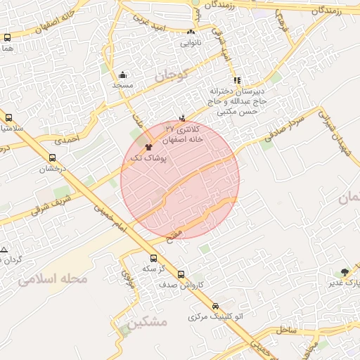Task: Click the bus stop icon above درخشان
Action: tap(53, 158)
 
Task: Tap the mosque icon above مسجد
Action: tap(123, 75)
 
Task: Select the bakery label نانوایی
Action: tap(191, 43)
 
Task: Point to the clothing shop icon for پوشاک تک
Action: tap(148, 147)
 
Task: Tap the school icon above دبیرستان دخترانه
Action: tap(238, 80)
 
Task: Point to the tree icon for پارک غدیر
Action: tap(344, 272)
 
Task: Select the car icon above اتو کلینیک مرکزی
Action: tap(215, 307)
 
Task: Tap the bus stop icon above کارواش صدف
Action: tap(181, 274)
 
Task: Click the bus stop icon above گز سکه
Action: tap(154, 258)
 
